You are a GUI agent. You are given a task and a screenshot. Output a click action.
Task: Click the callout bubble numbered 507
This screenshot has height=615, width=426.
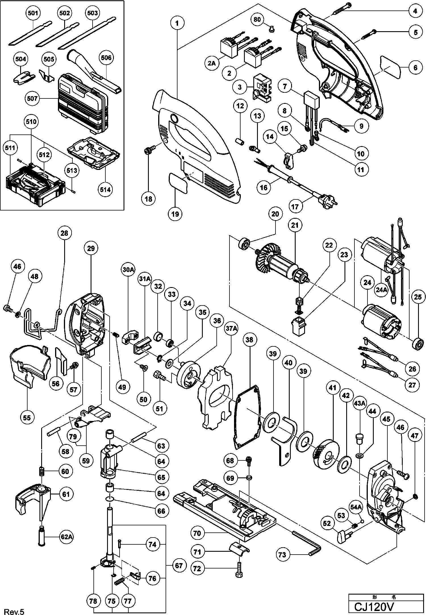32,99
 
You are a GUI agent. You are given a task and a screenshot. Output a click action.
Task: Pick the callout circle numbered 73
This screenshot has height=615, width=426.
282,555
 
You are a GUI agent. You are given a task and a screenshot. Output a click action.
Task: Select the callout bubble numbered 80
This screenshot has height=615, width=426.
257,20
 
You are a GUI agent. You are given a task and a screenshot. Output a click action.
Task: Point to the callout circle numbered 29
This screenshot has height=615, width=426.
91,248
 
